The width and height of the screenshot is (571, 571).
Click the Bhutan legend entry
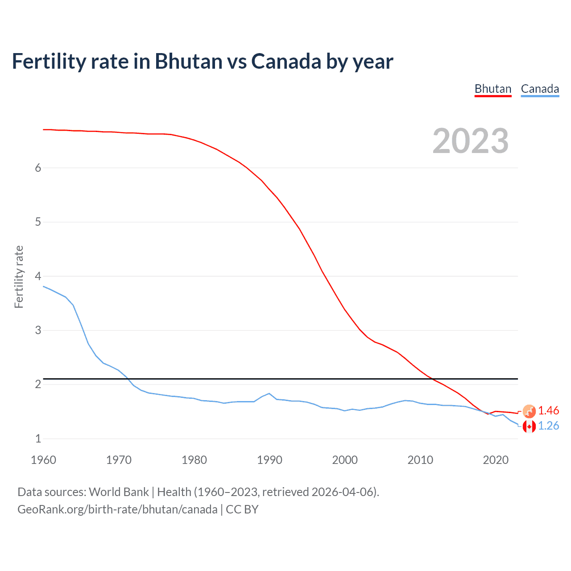pos(492,89)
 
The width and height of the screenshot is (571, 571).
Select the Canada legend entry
pos(540,89)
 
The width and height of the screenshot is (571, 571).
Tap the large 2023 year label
pos(470,141)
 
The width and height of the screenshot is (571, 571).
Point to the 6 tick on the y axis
pos(38,168)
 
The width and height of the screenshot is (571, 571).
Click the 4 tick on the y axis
pos(38,276)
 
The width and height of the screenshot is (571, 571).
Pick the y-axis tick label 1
pos(38,439)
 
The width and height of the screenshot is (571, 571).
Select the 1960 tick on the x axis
pos(43,460)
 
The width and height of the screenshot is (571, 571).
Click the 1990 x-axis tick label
pos(269,460)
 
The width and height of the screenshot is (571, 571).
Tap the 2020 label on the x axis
pos(496,460)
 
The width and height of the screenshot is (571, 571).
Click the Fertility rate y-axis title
pos(19,277)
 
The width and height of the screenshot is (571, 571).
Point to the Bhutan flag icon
pos(529,411)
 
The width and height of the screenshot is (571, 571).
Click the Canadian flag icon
pos(529,426)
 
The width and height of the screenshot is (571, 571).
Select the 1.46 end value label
pos(548,410)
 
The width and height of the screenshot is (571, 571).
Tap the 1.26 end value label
pos(548,426)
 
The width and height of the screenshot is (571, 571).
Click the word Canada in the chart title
pos(285,62)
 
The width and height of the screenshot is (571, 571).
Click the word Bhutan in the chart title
pos(189,62)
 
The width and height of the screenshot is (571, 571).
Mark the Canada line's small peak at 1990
pos(269,393)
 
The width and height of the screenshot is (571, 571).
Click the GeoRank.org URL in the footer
pos(117,509)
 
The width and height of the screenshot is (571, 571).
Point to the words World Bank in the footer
pos(119,492)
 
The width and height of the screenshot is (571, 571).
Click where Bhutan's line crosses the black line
pos(430,379)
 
